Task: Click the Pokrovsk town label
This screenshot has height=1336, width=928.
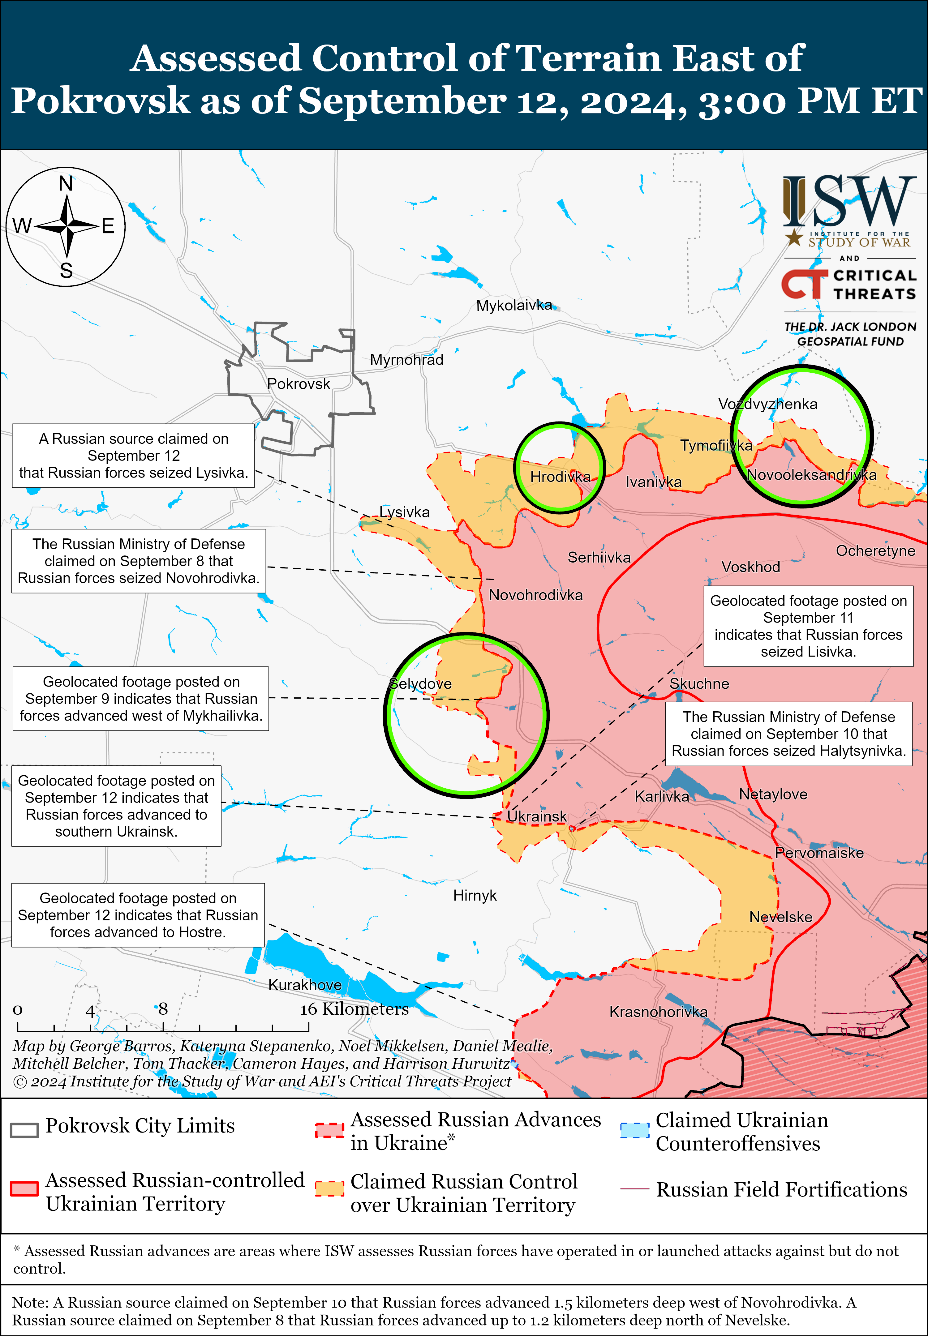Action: [x=298, y=384]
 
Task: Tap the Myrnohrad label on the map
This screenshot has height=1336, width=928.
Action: [x=406, y=360]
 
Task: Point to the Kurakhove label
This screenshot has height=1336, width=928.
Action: [x=305, y=984]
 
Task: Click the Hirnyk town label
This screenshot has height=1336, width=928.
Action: [x=475, y=895]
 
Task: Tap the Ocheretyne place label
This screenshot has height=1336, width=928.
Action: [x=875, y=550]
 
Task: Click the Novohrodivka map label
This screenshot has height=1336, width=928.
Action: [x=535, y=595]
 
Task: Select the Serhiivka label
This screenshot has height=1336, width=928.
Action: [x=599, y=558]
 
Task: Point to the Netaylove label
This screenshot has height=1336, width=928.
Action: [x=773, y=794]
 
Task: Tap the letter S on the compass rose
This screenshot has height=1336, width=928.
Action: [x=66, y=270]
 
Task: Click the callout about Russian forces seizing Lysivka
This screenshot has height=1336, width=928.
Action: [x=133, y=456]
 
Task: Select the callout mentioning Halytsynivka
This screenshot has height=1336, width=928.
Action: [x=788, y=734]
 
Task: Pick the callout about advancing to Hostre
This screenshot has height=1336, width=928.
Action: [x=138, y=915]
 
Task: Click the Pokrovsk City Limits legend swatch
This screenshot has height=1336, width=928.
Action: [x=24, y=1130]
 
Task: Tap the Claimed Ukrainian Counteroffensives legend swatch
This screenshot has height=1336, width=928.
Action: [x=634, y=1130]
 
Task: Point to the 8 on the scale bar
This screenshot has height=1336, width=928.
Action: [x=163, y=1009]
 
